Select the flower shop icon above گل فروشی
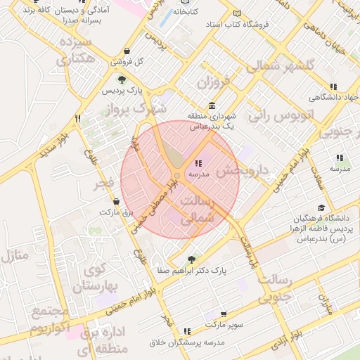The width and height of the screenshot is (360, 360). click(x=126, y=51)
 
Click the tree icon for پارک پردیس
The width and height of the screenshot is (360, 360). click(x=122, y=79)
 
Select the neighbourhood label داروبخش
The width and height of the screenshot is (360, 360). click(x=243, y=170)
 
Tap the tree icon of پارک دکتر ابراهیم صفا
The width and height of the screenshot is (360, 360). click(x=191, y=259)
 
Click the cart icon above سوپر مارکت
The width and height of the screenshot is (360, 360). click(x=224, y=315)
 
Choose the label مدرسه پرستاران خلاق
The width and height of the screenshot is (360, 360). click(x=186, y=342)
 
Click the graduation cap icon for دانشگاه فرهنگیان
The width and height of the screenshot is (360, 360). click(x=321, y=207)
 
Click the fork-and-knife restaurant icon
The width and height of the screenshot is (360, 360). click(x=77, y=119)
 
